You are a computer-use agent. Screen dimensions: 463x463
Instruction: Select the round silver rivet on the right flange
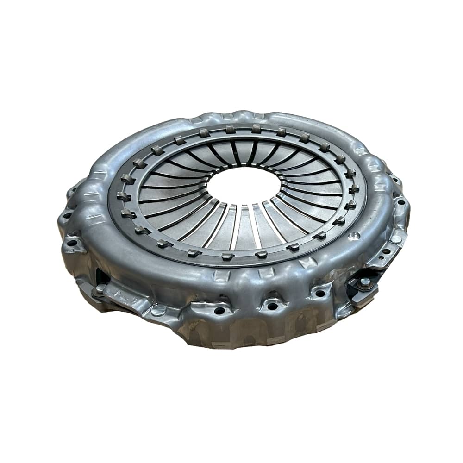(396, 239)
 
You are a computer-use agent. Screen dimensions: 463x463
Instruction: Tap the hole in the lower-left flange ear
(72, 243)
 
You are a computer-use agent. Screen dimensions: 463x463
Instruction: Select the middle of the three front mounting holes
(273, 306)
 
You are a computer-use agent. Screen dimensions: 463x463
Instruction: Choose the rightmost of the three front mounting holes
(319, 293)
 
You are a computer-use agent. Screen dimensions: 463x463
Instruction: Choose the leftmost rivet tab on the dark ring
(124, 196)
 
